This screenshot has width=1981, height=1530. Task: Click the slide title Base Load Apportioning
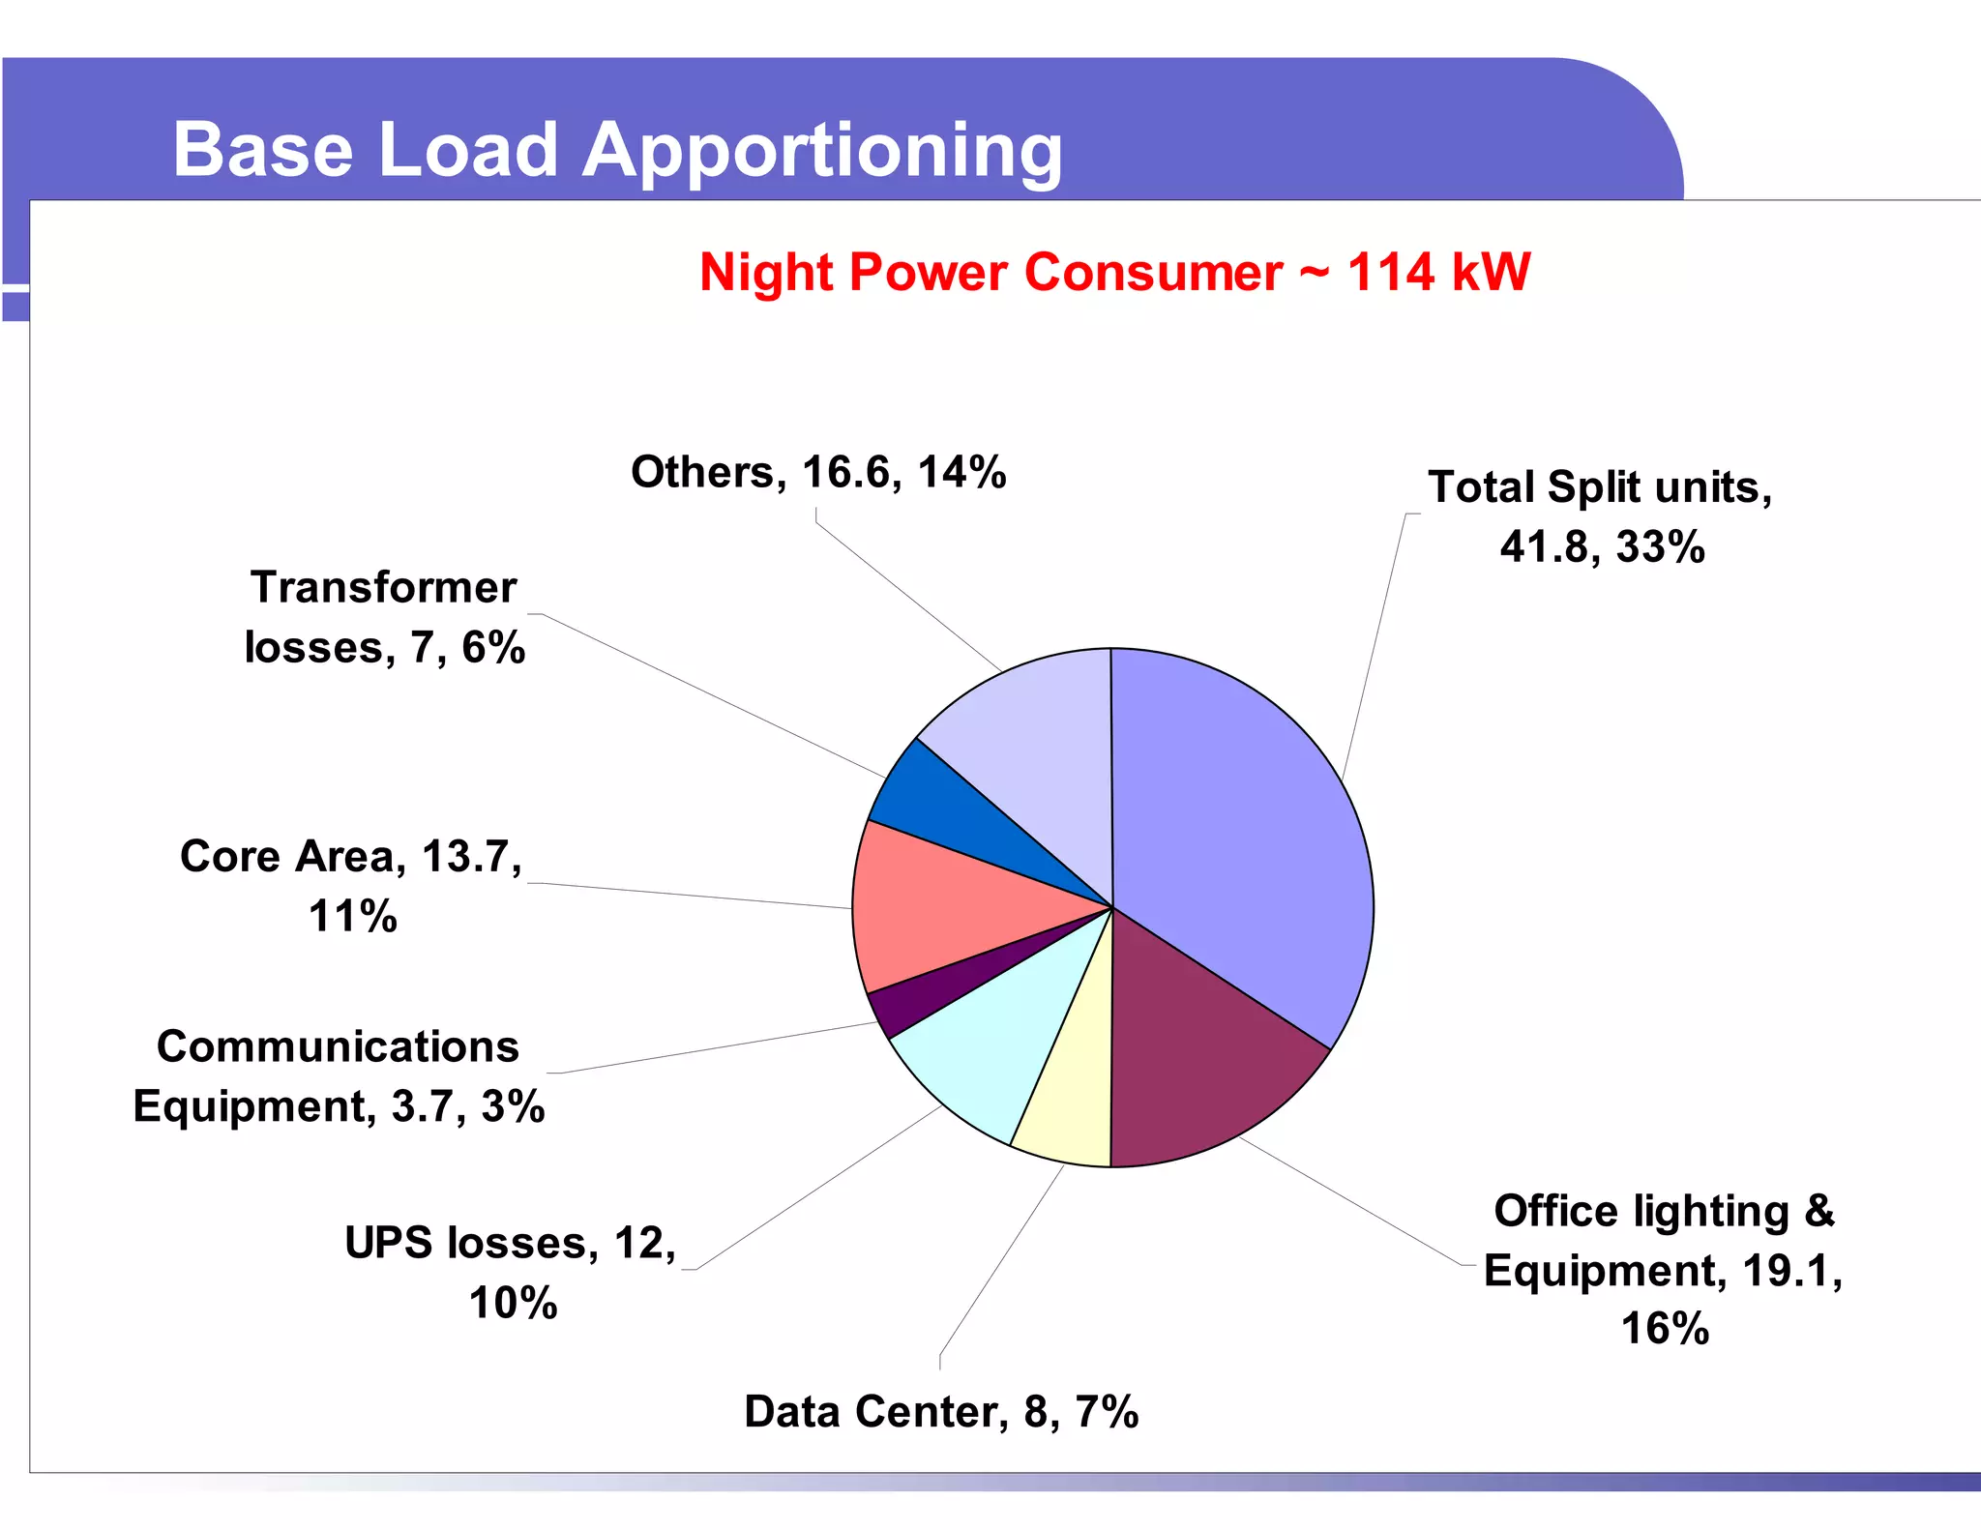(617, 150)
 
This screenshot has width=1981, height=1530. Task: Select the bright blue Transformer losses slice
(929, 803)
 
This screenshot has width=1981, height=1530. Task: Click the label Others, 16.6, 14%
(818, 472)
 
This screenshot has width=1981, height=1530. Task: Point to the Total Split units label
(1601, 516)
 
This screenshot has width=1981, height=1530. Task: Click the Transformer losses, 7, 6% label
(384, 617)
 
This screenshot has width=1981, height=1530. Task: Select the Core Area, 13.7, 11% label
(352, 886)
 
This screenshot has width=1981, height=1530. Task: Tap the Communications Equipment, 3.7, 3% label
(339, 1076)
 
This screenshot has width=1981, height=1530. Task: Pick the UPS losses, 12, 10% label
(511, 1273)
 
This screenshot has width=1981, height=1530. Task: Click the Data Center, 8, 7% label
(941, 1412)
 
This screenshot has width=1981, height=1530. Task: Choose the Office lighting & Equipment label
(1664, 1269)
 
